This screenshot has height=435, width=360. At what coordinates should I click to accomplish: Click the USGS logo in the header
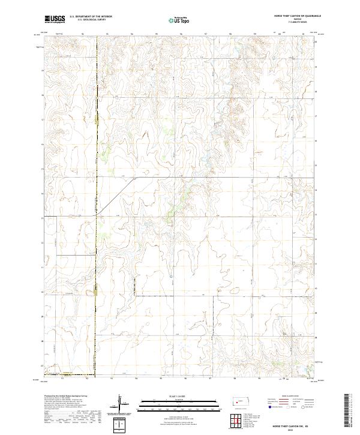pos(55,19)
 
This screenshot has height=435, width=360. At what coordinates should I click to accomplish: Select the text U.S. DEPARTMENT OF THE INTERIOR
pos(91,16)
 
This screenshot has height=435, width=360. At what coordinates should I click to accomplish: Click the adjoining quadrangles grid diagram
pos(236,419)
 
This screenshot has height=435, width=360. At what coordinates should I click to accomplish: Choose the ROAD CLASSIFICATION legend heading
pos(287,397)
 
